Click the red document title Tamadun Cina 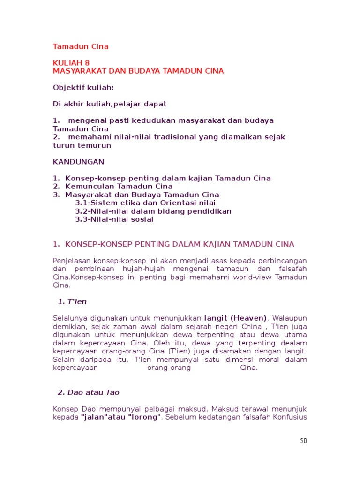click(x=81, y=46)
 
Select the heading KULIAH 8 click(x=71, y=63)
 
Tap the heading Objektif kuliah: click(x=83, y=87)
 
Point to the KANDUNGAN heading click(x=79, y=162)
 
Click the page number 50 click(x=303, y=441)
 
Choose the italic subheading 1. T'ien click(x=72, y=301)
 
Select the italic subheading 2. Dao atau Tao click(x=92, y=392)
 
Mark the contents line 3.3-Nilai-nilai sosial click(x=114, y=219)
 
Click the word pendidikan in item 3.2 click(x=209, y=211)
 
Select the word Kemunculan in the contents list click(x=88, y=187)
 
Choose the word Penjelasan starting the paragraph click(x=72, y=260)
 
